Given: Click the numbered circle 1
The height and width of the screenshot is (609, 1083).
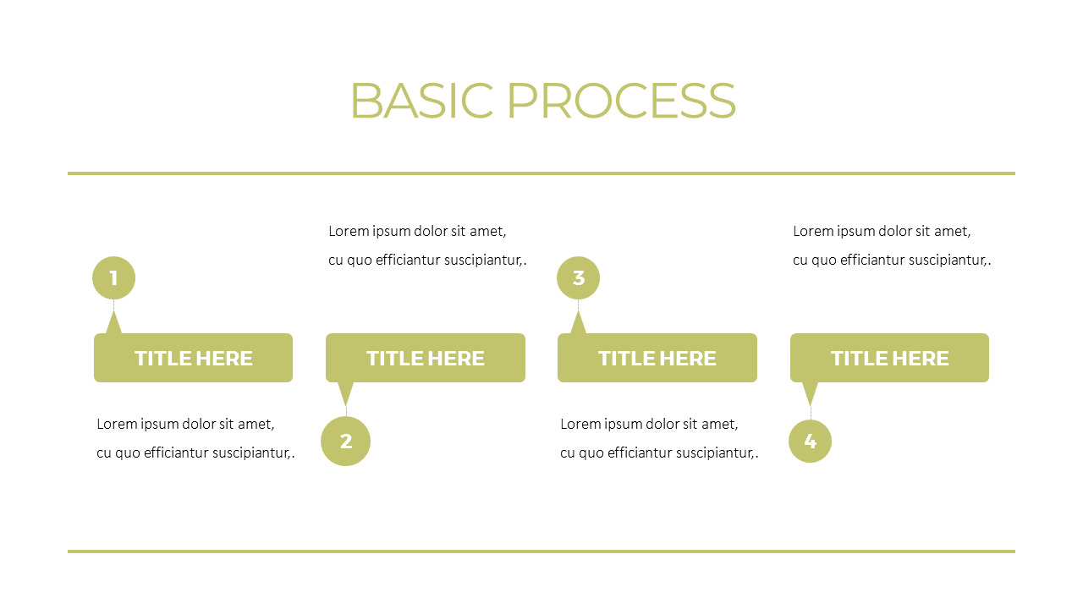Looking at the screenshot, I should (x=113, y=277).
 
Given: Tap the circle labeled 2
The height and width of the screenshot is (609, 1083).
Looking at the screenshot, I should (x=346, y=441).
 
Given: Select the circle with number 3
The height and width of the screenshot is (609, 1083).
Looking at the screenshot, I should (x=578, y=277).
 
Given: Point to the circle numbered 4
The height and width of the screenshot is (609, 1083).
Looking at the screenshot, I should (x=810, y=441).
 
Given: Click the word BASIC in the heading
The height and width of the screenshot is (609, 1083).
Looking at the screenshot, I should (x=421, y=101).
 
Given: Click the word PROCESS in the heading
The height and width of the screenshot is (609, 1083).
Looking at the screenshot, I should (x=621, y=101).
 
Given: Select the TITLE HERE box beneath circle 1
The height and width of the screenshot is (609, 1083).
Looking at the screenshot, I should (x=193, y=358).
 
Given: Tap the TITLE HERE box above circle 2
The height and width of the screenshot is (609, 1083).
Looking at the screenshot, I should (x=426, y=358).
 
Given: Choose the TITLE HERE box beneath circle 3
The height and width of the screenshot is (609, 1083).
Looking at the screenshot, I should (x=657, y=358).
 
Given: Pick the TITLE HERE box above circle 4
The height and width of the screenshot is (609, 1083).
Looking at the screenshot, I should (x=889, y=358).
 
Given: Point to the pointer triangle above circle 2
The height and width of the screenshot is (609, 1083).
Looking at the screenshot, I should (x=345, y=392).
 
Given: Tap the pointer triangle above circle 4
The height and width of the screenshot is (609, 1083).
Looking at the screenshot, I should (x=810, y=392).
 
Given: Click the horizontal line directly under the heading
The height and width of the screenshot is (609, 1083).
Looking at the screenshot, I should (x=541, y=173).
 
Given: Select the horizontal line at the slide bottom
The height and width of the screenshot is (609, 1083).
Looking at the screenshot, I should (x=541, y=551).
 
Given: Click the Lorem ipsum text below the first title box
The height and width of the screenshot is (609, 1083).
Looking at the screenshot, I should (x=195, y=438).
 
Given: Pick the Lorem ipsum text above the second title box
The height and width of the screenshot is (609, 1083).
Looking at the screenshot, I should (x=427, y=245).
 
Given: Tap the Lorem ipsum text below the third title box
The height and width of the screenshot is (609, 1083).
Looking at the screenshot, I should (x=659, y=438).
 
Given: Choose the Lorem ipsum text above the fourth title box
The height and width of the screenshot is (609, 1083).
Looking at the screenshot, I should (x=892, y=245).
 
